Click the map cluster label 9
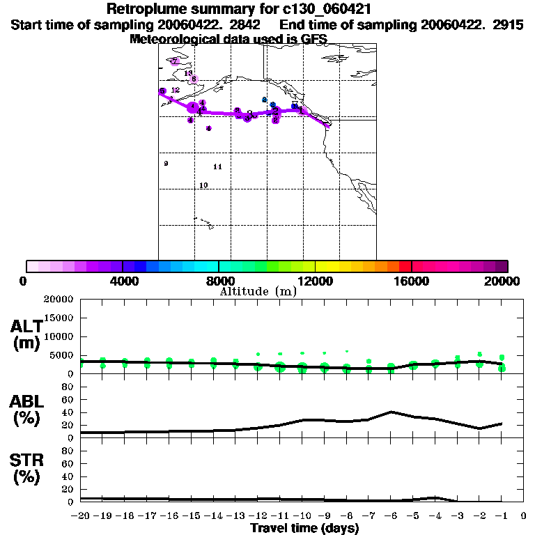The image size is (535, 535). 166,164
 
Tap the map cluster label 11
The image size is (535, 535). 217,167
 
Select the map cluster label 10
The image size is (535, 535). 203,185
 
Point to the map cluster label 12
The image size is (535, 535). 176,90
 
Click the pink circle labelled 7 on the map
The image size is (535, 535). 174,61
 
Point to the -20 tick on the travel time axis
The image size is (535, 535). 81,516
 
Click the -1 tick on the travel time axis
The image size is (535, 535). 501,516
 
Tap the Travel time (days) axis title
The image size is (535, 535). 304,528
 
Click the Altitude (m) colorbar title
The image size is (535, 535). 258,291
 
